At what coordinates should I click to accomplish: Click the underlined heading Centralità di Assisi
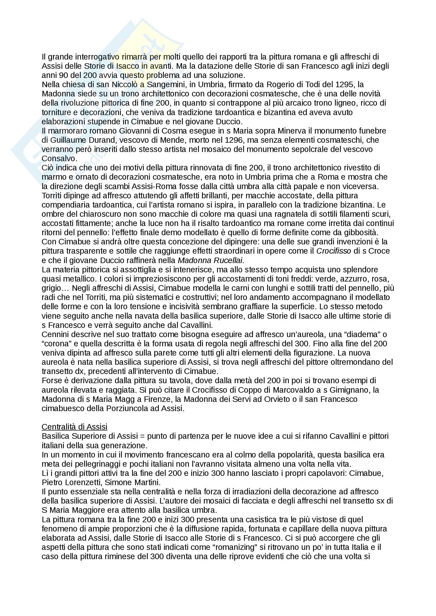pyautogui.click(x=74, y=427)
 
